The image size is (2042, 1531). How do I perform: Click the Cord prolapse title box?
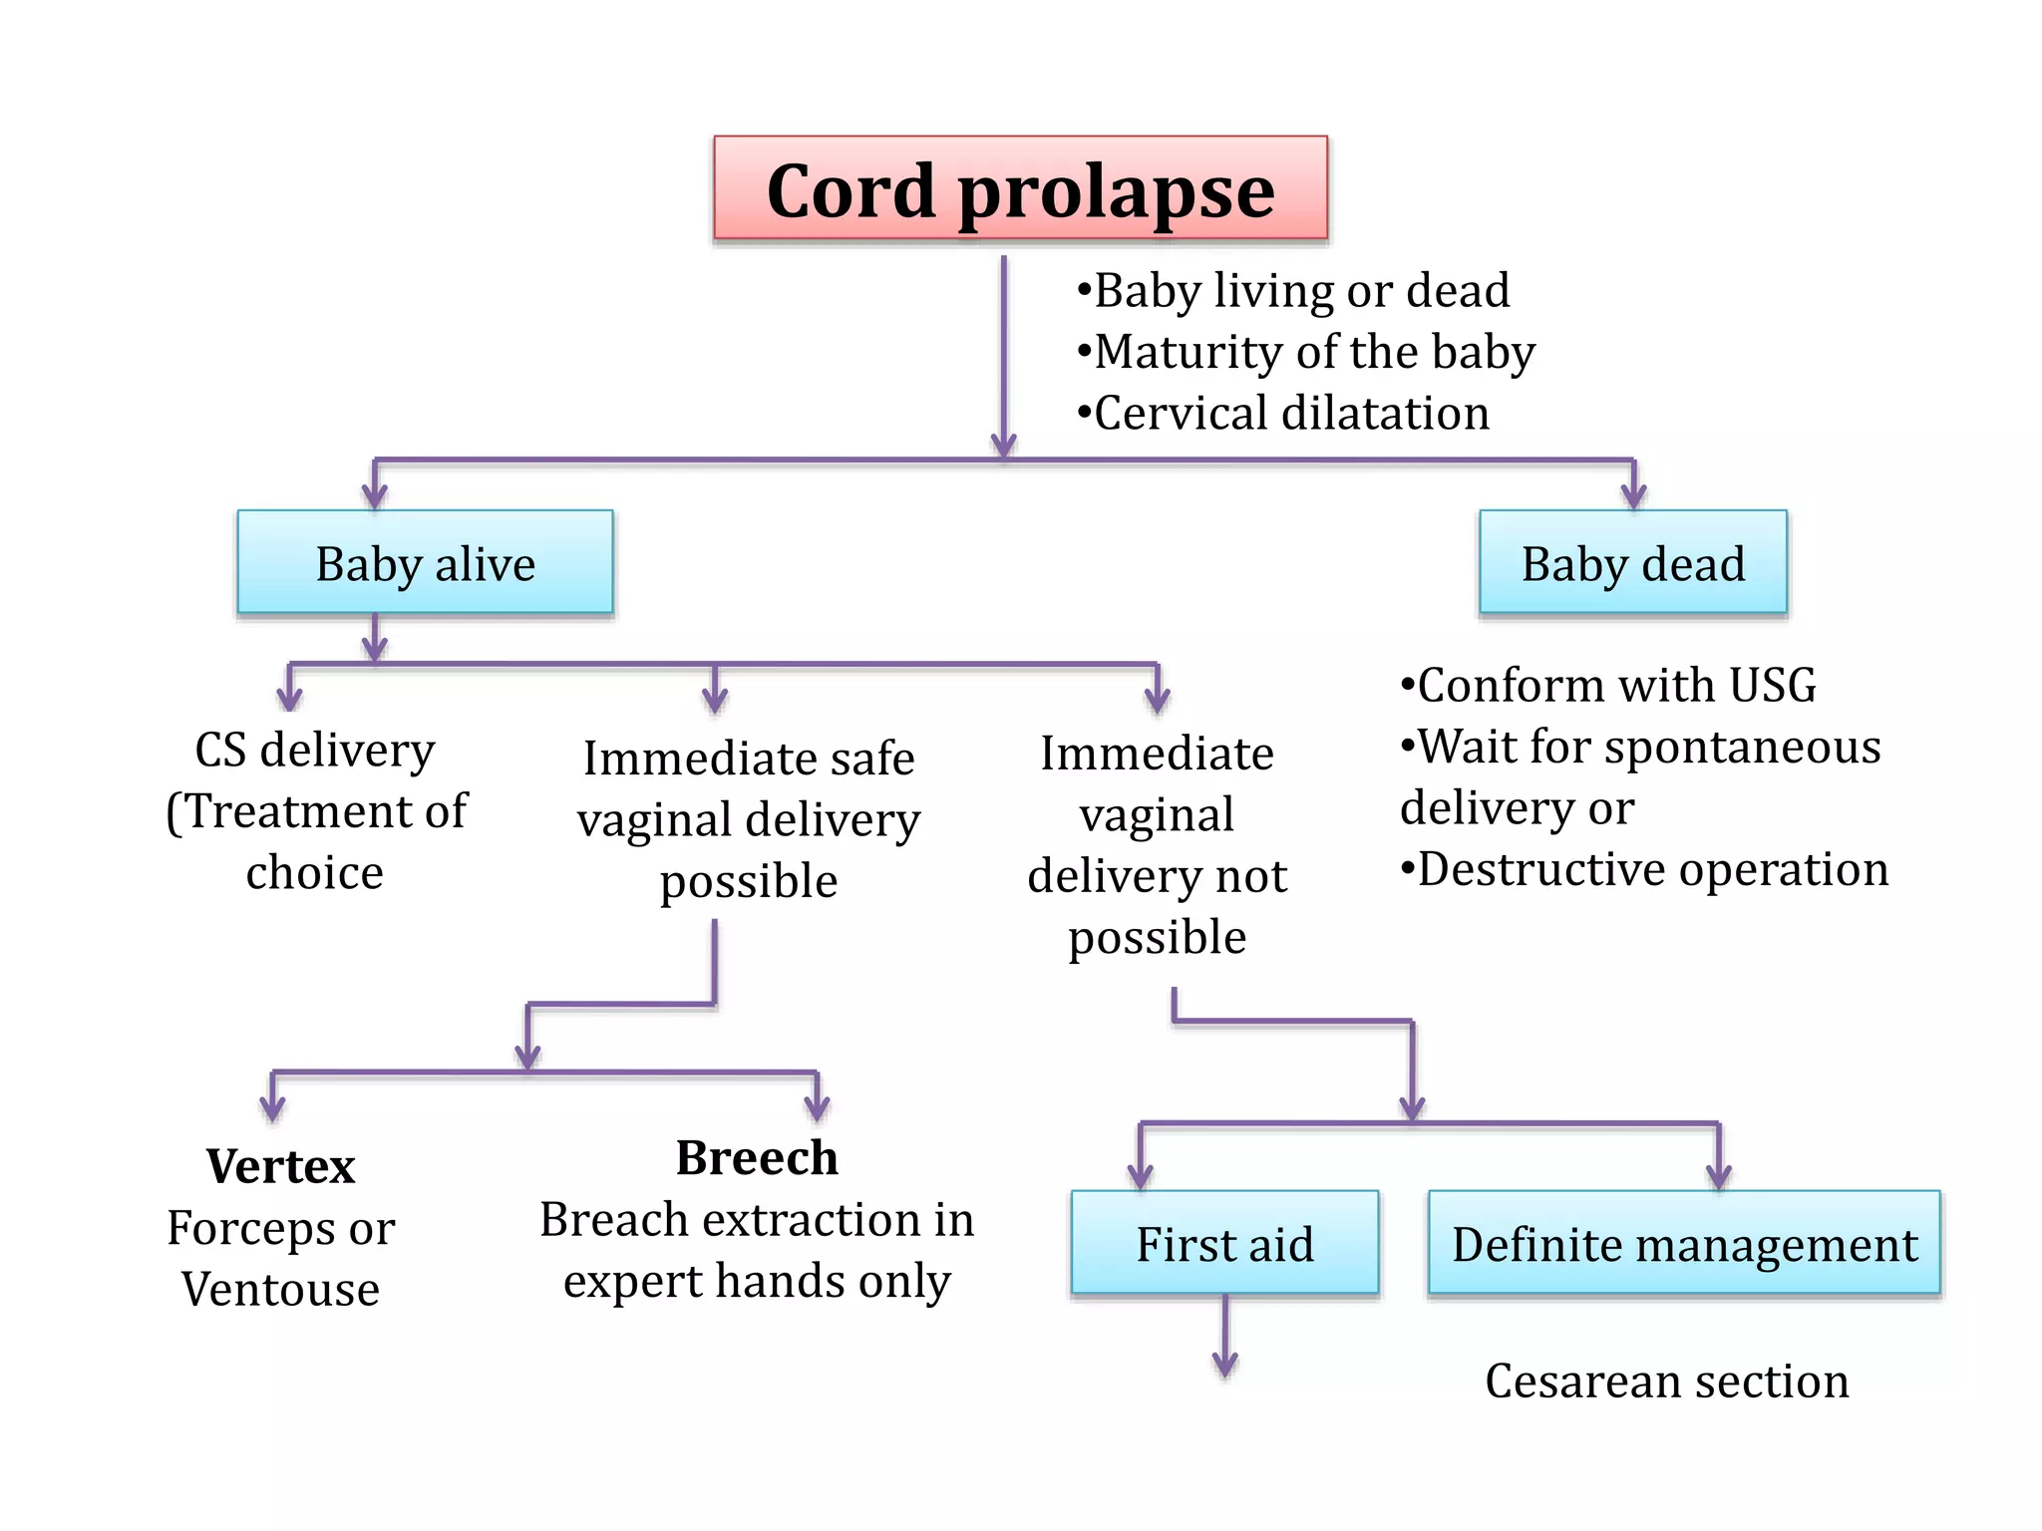pyautogui.click(x=1020, y=188)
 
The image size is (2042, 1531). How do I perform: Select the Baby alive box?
pyautogui.click(x=425, y=562)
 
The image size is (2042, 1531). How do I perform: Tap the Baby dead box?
pyautogui.click(x=1632, y=562)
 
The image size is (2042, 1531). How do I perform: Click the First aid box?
pyautogui.click(x=1224, y=1243)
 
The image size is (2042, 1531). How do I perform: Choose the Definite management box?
pyautogui.click(x=1684, y=1243)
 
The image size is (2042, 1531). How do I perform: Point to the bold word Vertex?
pyautogui.click(x=280, y=1165)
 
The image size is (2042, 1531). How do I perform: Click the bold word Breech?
pyautogui.click(x=757, y=1157)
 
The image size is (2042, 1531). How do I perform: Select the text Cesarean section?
pyautogui.click(x=1666, y=1380)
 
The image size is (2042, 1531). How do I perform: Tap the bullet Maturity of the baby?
pyautogui.click(x=1306, y=352)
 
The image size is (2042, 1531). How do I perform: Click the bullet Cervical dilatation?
pyautogui.click(x=1284, y=413)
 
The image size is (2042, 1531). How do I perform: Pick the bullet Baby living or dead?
pyautogui.click(x=1294, y=291)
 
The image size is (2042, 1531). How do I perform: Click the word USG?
pyautogui.click(x=1772, y=686)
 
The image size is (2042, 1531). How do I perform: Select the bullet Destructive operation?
pyautogui.click(x=1645, y=869)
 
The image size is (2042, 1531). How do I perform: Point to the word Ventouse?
pyautogui.click(x=280, y=1289)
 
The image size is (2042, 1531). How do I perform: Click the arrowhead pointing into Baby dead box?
pyautogui.click(x=1633, y=495)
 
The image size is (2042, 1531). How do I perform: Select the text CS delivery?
pyautogui.click(x=315, y=750)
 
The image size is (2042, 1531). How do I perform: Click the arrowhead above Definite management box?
pyautogui.click(x=1718, y=1176)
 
